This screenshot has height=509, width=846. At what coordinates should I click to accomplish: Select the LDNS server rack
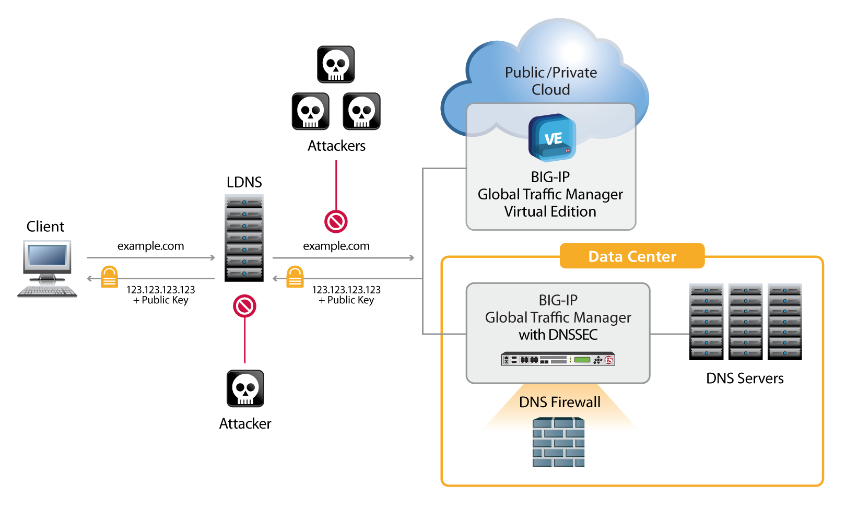pyautogui.click(x=244, y=238)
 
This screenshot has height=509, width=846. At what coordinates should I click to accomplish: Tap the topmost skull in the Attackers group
pyautogui.click(x=336, y=65)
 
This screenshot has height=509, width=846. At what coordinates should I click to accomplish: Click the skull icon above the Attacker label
pyautogui.click(x=245, y=388)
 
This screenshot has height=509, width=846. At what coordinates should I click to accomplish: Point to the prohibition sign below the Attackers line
pyautogui.click(x=336, y=221)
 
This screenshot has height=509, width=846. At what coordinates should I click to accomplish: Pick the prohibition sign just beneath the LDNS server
pyautogui.click(x=244, y=306)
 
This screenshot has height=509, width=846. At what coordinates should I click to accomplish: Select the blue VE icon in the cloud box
pyautogui.click(x=552, y=138)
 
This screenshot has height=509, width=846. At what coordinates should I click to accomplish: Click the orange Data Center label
pyautogui.click(x=632, y=256)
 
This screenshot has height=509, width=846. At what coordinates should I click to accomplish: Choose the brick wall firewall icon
pyautogui.click(x=558, y=442)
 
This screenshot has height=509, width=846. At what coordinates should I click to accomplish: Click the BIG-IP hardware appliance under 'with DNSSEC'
pyautogui.click(x=558, y=359)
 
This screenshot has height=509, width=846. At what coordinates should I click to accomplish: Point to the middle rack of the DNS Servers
pyautogui.click(x=745, y=322)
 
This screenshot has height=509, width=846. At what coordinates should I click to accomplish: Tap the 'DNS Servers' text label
pyautogui.click(x=745, y=378)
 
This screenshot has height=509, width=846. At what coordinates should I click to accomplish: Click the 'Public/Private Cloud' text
pyautogui.click(x=551, y=81)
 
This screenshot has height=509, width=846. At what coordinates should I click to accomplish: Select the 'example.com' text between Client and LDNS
pyautogui.click(x=150, y=246)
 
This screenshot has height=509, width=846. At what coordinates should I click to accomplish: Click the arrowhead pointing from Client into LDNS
pyautogui.click(x=212, y=257)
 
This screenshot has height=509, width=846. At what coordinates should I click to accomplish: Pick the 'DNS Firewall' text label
pyautogui.click(x=560, y=402)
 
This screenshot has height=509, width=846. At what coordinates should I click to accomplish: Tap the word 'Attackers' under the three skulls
pyautogui.click(x=336, y=146)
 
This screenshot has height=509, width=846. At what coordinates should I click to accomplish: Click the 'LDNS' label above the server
pyautogui.click(x=244, y=182)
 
